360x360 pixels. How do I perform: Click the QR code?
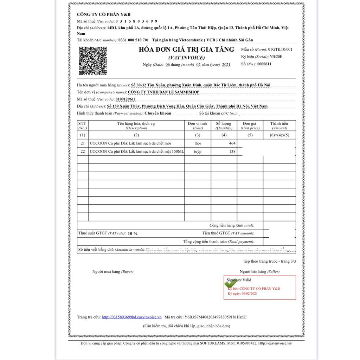(x=93, y=60)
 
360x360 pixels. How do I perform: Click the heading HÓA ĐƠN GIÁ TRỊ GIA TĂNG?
(x=186, y=50)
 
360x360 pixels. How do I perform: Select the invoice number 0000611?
(x=264, y=64)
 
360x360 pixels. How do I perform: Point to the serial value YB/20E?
(x=277, y=57)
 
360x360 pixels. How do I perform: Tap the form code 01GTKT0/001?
(x=280, y=49)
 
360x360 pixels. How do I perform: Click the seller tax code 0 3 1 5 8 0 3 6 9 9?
(x=136, y=21)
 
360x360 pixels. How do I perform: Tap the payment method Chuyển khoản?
(x=158, y=113)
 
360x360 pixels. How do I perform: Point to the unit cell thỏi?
(x=198, y=143)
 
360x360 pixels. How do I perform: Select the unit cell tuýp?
(x=198, y=152)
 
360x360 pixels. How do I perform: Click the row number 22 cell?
(x=83, y=152)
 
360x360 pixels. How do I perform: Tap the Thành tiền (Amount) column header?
(x=279, y=126)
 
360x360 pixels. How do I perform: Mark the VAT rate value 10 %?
(x=133, y=233)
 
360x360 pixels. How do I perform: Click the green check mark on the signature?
(x=231, y=283)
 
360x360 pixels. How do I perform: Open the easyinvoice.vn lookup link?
(x=131, y=317)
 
